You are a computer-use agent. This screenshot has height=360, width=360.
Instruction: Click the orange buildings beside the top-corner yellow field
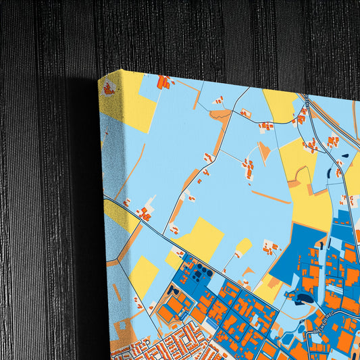[163, 82]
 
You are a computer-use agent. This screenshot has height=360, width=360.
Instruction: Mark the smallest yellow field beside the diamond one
[244, 245]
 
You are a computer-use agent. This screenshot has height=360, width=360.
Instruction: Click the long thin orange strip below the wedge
[270, 197]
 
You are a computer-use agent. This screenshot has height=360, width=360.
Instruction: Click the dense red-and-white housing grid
[169, 344]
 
